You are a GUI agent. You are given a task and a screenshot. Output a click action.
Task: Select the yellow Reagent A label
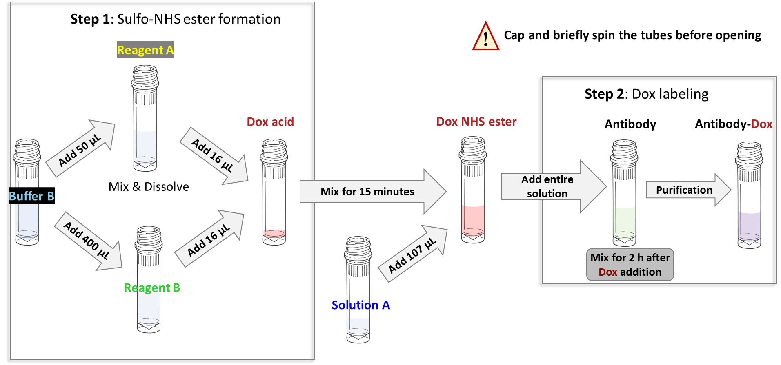(145, 50)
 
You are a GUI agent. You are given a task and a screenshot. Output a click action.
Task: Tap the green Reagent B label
(152, 288)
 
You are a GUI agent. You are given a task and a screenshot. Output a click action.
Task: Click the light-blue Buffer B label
(31, 196)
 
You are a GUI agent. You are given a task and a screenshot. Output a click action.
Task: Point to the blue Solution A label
(360, 305)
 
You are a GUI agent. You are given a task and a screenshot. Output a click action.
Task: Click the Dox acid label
(270, 122)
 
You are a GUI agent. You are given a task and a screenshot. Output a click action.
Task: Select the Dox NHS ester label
(476, 122)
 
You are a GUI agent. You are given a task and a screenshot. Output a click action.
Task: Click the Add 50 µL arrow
(80, 149)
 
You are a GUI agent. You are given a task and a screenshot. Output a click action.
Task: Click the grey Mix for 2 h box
(630, 265)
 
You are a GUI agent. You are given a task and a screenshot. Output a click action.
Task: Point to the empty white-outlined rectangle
(149, 186)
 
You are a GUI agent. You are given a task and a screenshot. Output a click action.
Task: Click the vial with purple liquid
(749, 195)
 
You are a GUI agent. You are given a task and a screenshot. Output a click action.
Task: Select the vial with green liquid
(624, 192)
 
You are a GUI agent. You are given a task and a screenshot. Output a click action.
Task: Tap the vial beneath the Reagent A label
(145, 118)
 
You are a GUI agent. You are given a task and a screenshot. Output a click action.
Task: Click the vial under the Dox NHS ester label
(473, 190)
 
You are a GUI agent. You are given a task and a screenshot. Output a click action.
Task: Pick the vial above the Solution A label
(358, 277)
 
